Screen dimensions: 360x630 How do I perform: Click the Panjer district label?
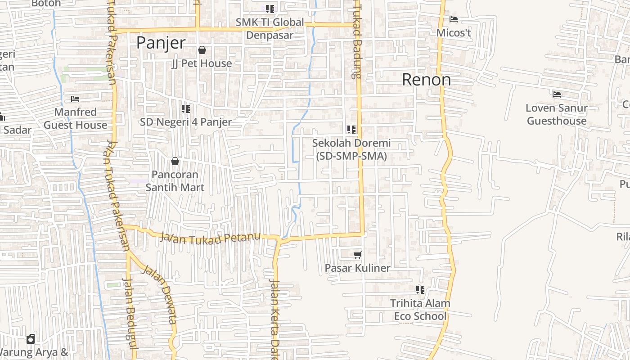click(161, 43)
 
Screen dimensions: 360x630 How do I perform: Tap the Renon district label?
click(426, 80)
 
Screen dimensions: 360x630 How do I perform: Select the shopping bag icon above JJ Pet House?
click(202, 50)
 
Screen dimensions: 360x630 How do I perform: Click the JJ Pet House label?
click(202, 63)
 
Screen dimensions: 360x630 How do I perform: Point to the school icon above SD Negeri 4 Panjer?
click(185, 109)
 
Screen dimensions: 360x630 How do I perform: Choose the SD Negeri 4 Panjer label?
click(186, 122)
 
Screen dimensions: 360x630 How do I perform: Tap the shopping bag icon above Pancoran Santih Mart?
click(175, 161)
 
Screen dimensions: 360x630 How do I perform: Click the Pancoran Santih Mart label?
click(175, 181)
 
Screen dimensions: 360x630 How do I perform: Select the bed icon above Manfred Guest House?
click(75, 99)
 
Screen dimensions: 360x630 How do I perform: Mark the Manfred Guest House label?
click(75, 118)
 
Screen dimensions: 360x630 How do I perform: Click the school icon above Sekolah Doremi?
click(351, 130)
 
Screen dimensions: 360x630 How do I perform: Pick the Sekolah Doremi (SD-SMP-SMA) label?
click(351, 149)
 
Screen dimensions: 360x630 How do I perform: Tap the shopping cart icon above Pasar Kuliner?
click(358, 255)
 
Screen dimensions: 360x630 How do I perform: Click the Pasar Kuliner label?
click(358, 268)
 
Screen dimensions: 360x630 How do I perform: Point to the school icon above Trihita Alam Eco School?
click(420, 290)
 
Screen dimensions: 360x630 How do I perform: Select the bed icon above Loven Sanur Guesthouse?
click(557, 94)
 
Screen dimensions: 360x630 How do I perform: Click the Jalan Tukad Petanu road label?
click(210, 238)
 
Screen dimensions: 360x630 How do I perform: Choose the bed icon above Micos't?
click(454, 19)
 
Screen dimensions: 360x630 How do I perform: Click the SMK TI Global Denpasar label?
click(270, 28)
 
